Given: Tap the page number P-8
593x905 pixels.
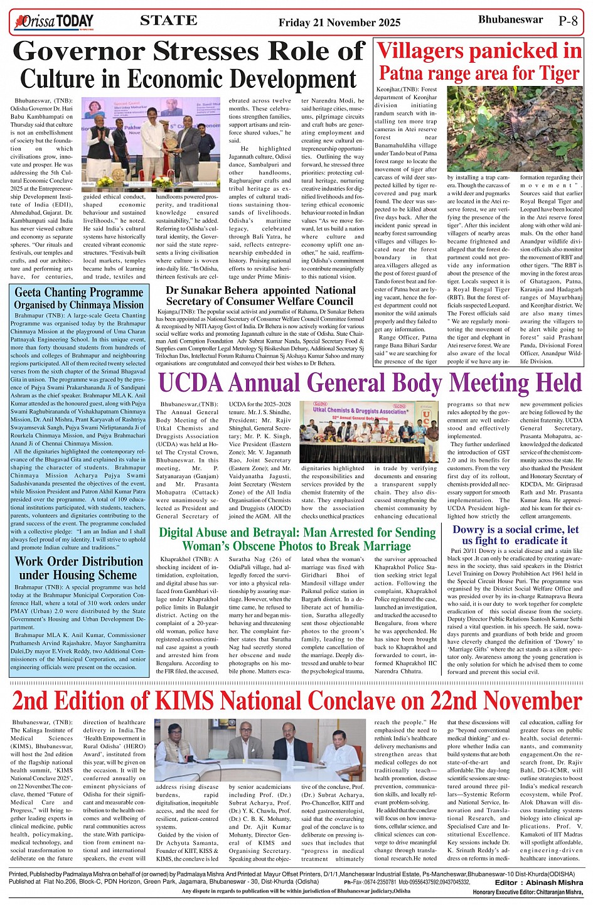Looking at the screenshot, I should (568, 21).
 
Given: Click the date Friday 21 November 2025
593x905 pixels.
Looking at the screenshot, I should (339, 23).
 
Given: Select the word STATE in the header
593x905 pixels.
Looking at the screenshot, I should (168, 21).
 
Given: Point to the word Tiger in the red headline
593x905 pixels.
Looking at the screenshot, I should (553, 73).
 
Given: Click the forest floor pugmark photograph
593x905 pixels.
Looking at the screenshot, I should (515, 129).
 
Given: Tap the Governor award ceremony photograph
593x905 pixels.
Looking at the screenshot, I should (151, 144).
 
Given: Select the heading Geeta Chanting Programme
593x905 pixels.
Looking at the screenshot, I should (79, 292).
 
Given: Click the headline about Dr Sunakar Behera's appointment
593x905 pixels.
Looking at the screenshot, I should (260, 296).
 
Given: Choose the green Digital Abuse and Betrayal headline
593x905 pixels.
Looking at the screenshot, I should (297, 539).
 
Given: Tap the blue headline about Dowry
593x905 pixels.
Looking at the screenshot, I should (516, 535).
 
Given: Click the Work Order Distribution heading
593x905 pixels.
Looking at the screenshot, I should (79, 568).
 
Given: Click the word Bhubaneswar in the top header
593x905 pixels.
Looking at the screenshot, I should (510, 19).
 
